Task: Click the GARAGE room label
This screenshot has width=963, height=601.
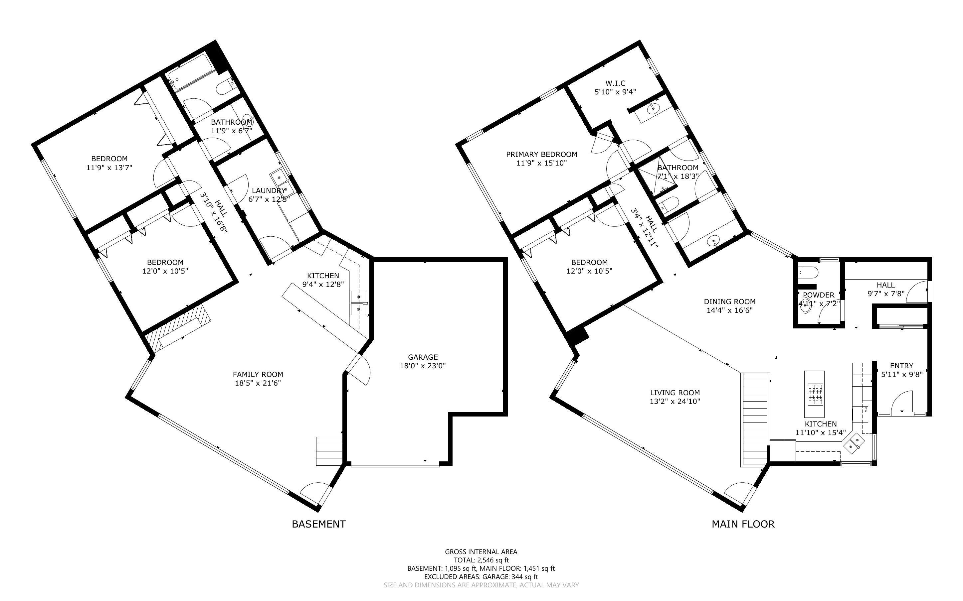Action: coord(423,357)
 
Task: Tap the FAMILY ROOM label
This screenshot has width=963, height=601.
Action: coord(258,374)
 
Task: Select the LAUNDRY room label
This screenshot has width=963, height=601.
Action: coord(269,190)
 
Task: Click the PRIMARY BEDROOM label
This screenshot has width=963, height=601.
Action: coord(541,154)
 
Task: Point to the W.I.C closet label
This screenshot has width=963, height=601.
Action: coord(615,83)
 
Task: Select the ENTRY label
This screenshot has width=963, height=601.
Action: coord(901,365)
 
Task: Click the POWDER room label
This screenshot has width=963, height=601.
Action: coord(818,295)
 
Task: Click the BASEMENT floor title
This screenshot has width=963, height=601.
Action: coord(318,524)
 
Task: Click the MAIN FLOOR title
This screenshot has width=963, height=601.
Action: coord(743,524)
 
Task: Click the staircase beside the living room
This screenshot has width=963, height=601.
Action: coord(755,420)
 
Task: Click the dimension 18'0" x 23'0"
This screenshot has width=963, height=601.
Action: coord(423,366)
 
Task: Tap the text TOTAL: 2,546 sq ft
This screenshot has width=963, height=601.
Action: coord(481,560)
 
